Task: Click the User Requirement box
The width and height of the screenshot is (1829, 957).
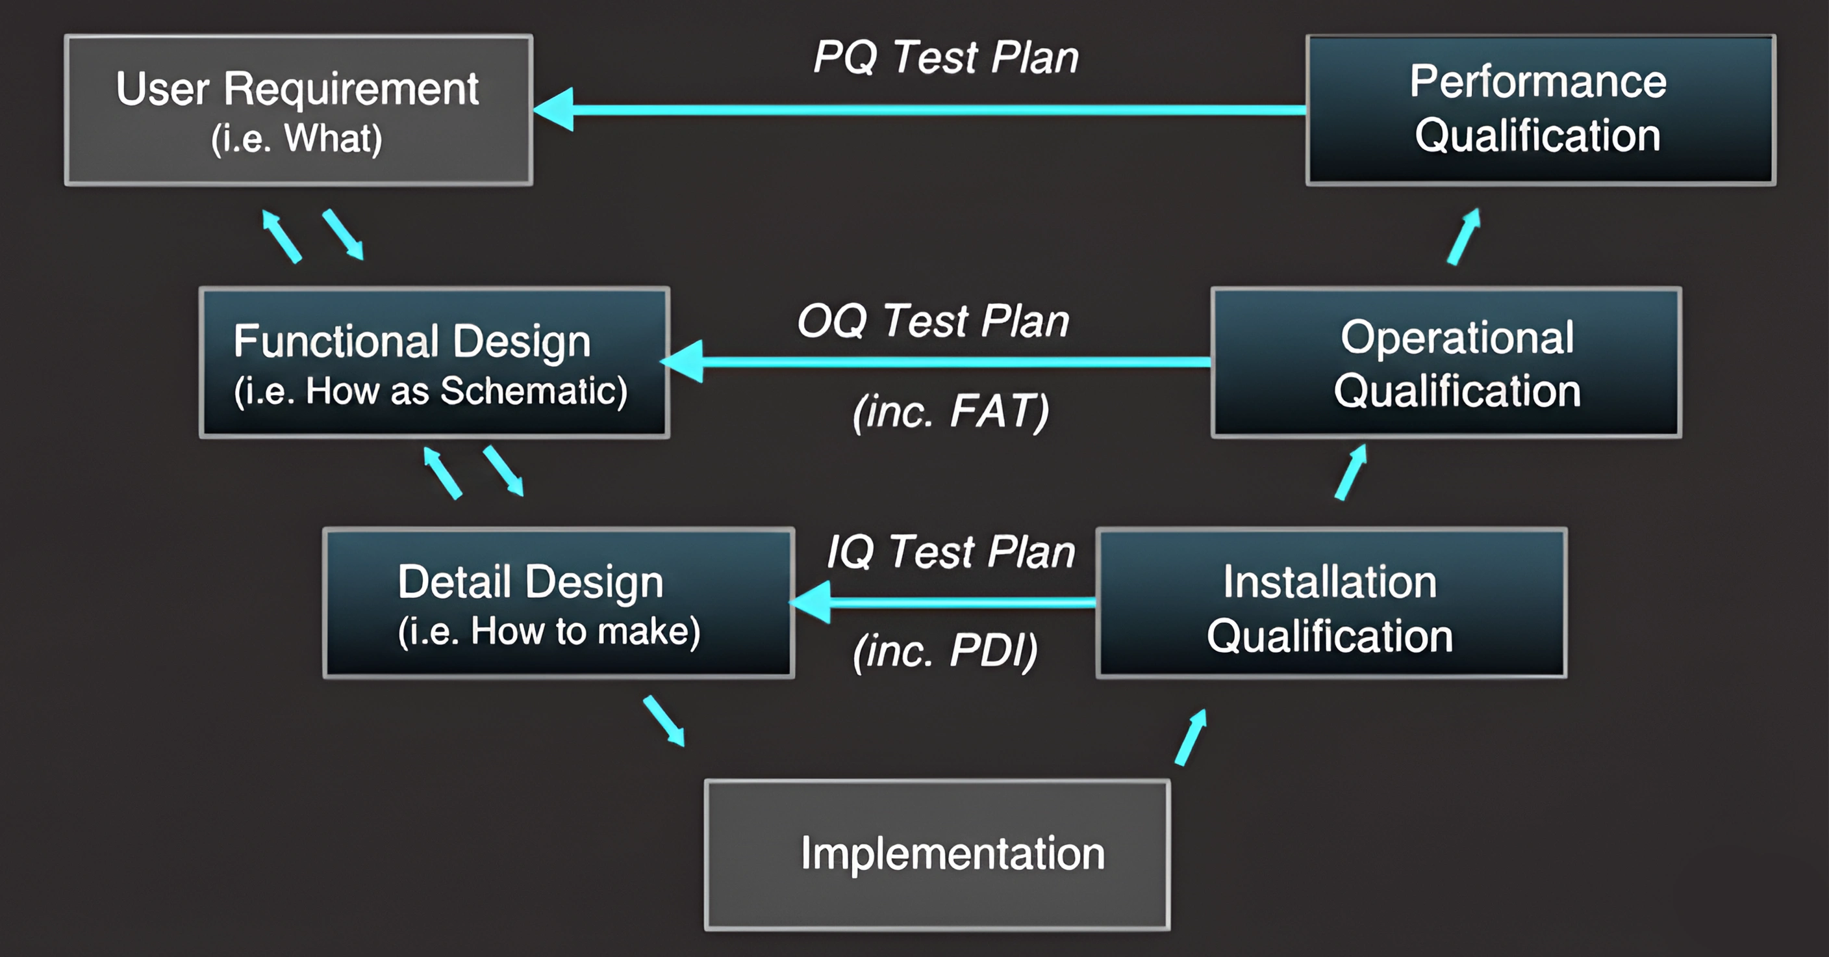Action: click(298, 110)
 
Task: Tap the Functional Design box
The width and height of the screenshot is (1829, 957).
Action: click(434, 362)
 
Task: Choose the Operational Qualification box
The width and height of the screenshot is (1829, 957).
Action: click(1446, 362)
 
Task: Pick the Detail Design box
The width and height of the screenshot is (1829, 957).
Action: click(558, 603)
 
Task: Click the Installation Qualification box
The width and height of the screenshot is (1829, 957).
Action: click(1331, 603)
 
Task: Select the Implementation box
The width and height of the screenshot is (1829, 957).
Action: click(937, 855)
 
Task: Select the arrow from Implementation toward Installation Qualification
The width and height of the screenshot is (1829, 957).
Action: click(1191, 737)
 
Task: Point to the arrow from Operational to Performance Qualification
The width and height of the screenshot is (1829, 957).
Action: click(1464, 236)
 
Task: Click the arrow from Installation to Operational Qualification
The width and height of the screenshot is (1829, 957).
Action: click(1350, 473)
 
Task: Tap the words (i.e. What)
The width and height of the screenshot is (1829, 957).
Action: click(297, 138)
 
